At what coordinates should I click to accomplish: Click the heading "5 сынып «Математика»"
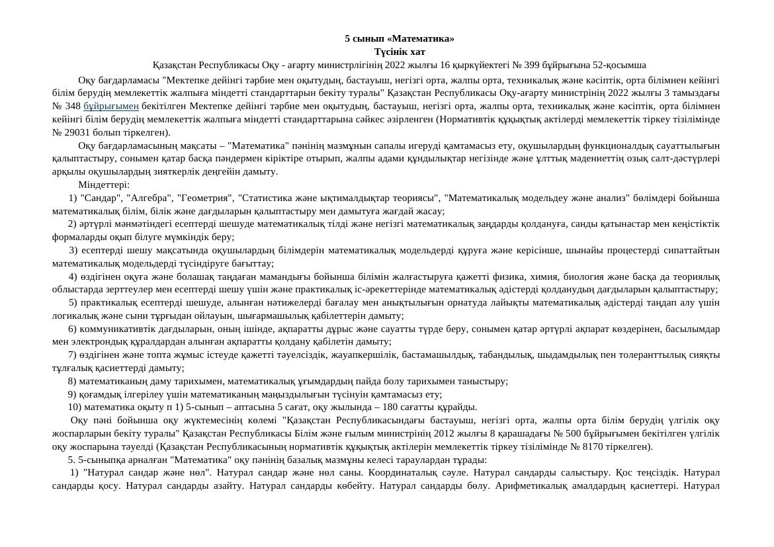click(399, 38)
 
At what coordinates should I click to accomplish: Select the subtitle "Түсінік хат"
click(399, 52)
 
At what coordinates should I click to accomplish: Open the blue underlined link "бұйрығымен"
click(111, 106)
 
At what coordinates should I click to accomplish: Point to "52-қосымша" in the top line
click(619, 65)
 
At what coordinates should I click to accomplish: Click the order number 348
click(73, 106)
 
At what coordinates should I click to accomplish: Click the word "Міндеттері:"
click(104, 185)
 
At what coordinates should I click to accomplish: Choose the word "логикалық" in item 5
click(73, 316)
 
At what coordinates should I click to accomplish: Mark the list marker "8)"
click(72, 381)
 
